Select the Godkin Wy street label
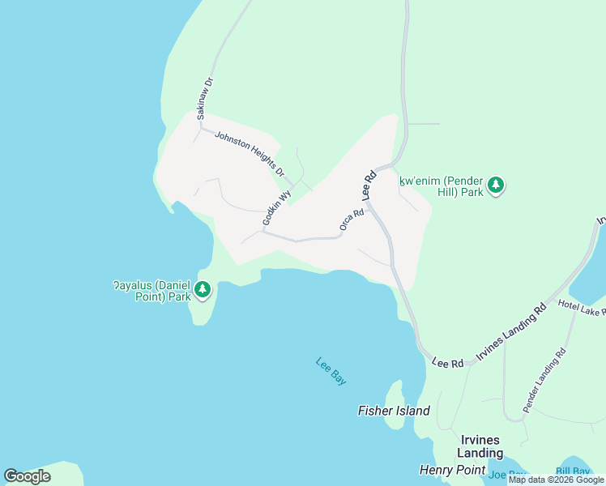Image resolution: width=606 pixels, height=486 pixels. (x=276, y=208)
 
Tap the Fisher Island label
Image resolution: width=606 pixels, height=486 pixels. (x=394, y=411)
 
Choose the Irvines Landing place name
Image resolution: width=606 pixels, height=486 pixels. (x=478, y=446)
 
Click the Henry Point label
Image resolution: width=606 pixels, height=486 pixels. (x=452, y=470)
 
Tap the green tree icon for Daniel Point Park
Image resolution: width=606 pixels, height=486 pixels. (x=203, y=289)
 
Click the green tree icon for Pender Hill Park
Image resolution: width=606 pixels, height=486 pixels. (x=496, y=186)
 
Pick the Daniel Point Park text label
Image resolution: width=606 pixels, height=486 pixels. (x=152, y=291)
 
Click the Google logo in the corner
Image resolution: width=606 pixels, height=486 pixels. (x=28, y=475)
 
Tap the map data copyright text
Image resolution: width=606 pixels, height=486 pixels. (x=556, y=480)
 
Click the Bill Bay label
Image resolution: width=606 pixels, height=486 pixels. (x=573, y=471)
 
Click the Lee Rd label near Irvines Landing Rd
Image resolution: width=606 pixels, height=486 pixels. (x=447, y=362)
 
